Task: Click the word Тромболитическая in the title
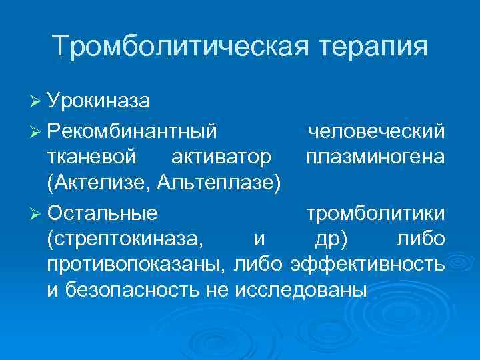click(171, 47)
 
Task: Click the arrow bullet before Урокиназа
click(37, 102)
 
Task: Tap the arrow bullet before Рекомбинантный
click(37, 132)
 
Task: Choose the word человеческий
click(376, 131)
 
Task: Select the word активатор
click(221, 157)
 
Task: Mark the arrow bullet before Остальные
click(37, 213)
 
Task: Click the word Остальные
click(103, 213)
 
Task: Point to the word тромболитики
click(376, 213)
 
